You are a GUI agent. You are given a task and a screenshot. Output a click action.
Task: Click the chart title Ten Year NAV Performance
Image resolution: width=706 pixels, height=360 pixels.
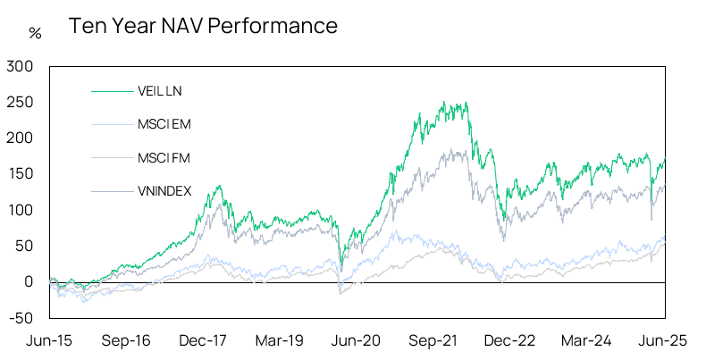203,27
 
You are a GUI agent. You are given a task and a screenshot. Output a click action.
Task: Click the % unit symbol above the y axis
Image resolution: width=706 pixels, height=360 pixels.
35,34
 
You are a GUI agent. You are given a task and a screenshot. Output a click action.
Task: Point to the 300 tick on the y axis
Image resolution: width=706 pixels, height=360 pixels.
19,66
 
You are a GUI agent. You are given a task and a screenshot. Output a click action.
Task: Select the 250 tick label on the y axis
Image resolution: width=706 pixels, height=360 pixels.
19,102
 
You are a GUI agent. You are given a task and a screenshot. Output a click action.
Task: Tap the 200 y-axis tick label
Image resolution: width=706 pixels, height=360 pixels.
19,138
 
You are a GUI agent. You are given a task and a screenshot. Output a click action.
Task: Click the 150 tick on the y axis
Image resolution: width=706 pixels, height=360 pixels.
19,174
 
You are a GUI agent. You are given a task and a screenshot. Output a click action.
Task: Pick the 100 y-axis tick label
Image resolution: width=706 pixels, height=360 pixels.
19,210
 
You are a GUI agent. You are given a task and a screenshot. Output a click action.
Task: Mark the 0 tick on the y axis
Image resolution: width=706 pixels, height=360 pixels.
28,281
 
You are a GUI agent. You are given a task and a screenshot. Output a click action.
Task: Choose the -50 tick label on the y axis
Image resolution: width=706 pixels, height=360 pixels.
21,317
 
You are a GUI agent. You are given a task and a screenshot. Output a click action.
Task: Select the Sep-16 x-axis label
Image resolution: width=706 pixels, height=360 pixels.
126,340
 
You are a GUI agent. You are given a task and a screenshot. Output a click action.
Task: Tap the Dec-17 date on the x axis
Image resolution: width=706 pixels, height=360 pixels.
203,340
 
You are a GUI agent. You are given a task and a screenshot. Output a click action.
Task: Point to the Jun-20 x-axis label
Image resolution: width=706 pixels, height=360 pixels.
357,340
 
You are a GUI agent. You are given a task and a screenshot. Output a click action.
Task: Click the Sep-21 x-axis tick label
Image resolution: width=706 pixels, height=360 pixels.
434,340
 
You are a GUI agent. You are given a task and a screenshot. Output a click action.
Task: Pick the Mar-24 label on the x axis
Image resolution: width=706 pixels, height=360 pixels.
588,340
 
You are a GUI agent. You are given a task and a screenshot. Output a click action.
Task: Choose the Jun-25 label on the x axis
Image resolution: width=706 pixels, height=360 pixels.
664,340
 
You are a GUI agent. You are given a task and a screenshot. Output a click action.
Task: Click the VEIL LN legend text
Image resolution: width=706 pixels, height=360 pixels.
160,90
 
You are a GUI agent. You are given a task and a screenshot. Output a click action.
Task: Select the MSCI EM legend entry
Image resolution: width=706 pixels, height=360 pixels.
164,124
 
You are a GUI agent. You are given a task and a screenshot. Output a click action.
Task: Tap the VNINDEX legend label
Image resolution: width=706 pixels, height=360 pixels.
164,190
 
